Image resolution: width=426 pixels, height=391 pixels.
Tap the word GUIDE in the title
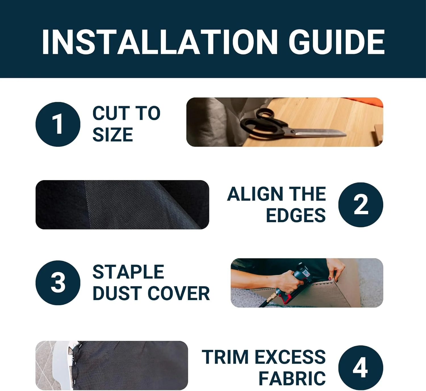337,42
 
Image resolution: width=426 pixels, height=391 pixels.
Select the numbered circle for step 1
58,124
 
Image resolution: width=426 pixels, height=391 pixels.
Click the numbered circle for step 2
361,205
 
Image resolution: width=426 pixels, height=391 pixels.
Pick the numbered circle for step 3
58,283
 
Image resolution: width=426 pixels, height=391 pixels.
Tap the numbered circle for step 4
361,368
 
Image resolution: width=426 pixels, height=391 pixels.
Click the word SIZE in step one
113,134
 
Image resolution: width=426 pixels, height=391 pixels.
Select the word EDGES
296,215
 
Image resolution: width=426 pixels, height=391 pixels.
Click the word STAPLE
128,272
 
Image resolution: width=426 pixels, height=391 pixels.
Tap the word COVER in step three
179,293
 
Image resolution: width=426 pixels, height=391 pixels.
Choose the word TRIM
225,357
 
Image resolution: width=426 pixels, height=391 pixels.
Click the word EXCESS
290,357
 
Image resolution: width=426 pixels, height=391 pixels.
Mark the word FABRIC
292,378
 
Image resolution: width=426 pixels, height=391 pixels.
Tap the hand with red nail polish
335,270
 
